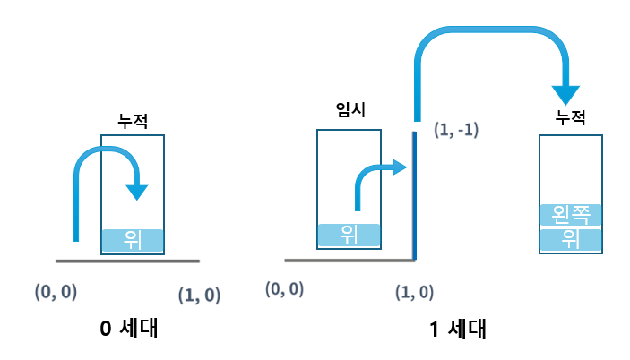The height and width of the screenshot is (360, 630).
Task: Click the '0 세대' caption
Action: (129, 328)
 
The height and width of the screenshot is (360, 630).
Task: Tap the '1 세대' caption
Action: (457, 328)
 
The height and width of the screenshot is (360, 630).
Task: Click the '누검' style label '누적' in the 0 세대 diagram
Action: (133, 118)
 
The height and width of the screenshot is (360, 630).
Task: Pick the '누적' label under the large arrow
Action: (569, 117)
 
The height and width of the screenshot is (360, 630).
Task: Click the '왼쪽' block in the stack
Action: (569, 215)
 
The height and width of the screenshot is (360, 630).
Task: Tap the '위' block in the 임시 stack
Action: (349, 236)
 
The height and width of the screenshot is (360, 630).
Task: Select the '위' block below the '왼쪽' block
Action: (569, 240)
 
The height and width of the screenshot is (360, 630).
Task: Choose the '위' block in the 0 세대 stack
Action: (133, 240)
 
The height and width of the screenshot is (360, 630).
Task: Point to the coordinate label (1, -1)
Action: (455, 130)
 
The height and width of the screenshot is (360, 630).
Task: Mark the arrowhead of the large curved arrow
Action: (566, 93)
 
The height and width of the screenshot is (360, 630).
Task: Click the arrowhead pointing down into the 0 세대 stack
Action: (137, 191)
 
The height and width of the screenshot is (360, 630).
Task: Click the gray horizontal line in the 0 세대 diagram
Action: (127, 261)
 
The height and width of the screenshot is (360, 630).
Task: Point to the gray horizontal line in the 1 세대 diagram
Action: (350, 261)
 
